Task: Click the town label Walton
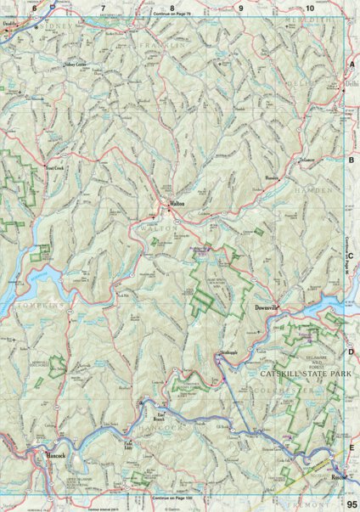[177, 205]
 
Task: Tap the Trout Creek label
[54, 169]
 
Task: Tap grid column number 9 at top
[240, 8]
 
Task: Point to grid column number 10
[310, 8]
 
